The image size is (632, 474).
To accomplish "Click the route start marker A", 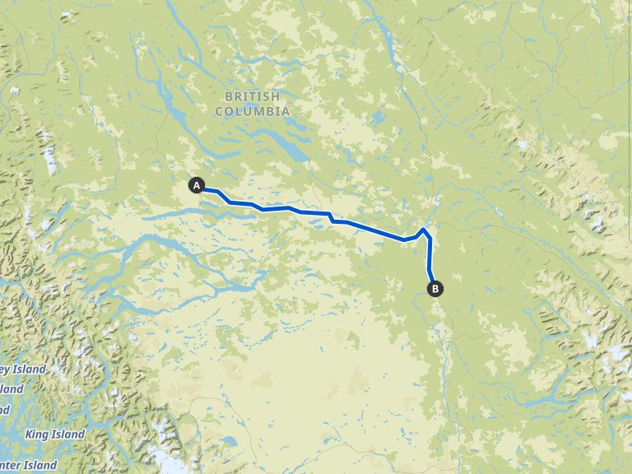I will (197, 185).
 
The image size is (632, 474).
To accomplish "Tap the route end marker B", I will (434, 288).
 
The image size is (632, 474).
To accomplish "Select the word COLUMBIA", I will (253, 111).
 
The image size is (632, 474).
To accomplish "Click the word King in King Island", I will (37, 434).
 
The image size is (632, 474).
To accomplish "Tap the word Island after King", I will (68, 434).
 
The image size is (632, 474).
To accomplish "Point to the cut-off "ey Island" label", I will (22, 369).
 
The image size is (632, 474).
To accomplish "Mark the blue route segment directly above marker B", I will (430, 263).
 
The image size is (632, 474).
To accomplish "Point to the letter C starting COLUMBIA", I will (219, 111).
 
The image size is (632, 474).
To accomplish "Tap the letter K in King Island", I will (29, 434).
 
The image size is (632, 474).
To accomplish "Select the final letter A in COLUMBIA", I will (286, 111).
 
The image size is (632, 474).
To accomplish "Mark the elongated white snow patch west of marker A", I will (50, 160).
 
